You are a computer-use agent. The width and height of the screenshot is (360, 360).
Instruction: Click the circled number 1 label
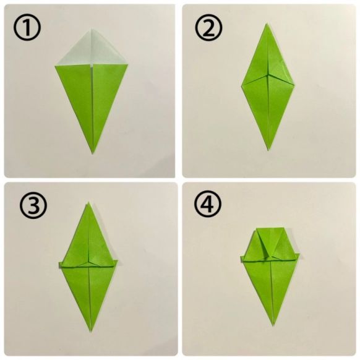coord(27,28)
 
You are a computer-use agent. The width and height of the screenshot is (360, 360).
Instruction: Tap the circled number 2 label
coord(208,28)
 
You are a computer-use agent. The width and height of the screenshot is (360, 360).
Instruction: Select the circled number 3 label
coord(33,207)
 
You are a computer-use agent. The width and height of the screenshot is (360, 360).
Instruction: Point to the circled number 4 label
coord(208,204)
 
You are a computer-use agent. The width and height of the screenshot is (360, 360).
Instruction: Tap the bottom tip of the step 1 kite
coord(93,153)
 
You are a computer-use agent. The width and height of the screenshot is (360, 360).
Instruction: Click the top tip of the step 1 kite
coord(92,29)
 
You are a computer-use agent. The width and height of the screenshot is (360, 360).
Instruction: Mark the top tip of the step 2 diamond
coord(267,24)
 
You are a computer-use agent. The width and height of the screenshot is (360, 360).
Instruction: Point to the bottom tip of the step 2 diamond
coord(268,150)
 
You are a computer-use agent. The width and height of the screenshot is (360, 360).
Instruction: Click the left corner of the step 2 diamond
coord(241,86)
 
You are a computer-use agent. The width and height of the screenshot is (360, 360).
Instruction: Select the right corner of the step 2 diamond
coord(294,85)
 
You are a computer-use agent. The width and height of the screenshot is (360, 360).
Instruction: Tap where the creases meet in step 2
coord(268,75)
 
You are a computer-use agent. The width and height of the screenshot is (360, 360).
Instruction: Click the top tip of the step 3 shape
coord(88,203)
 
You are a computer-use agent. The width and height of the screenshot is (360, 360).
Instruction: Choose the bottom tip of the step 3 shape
coord(91,332)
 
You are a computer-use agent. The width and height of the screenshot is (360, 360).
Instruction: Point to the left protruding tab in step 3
coord(61,265)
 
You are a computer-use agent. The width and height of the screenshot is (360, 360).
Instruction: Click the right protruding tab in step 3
coord(116,263)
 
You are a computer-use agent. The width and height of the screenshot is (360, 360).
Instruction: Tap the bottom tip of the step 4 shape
coord(273,325)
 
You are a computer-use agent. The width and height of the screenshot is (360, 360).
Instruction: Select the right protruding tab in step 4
coord(298,255)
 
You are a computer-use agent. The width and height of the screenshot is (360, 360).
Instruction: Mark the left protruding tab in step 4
coord(242,259)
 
